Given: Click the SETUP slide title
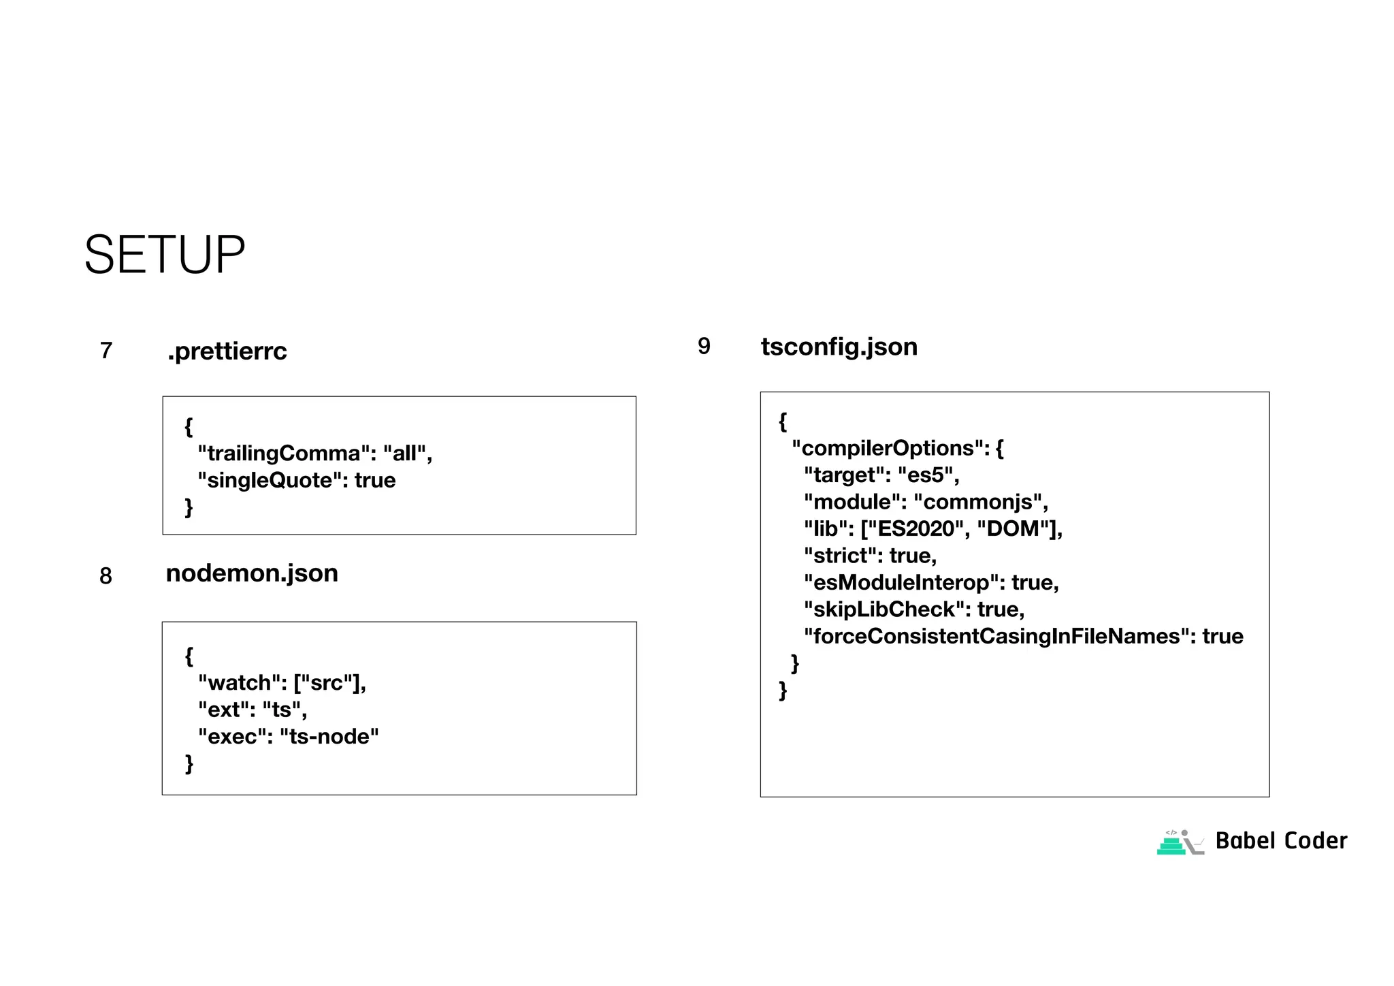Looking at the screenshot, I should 164,255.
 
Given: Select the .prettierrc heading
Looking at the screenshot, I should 227,351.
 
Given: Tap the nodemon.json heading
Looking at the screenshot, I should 252,573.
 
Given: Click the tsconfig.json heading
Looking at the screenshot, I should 839,347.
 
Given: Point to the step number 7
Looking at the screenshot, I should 106,351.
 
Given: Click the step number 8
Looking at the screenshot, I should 106,576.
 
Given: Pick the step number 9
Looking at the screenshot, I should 704,347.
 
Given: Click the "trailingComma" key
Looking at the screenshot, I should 283,454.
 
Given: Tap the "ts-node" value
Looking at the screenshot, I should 329,737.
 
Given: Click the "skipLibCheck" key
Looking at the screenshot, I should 884,609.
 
